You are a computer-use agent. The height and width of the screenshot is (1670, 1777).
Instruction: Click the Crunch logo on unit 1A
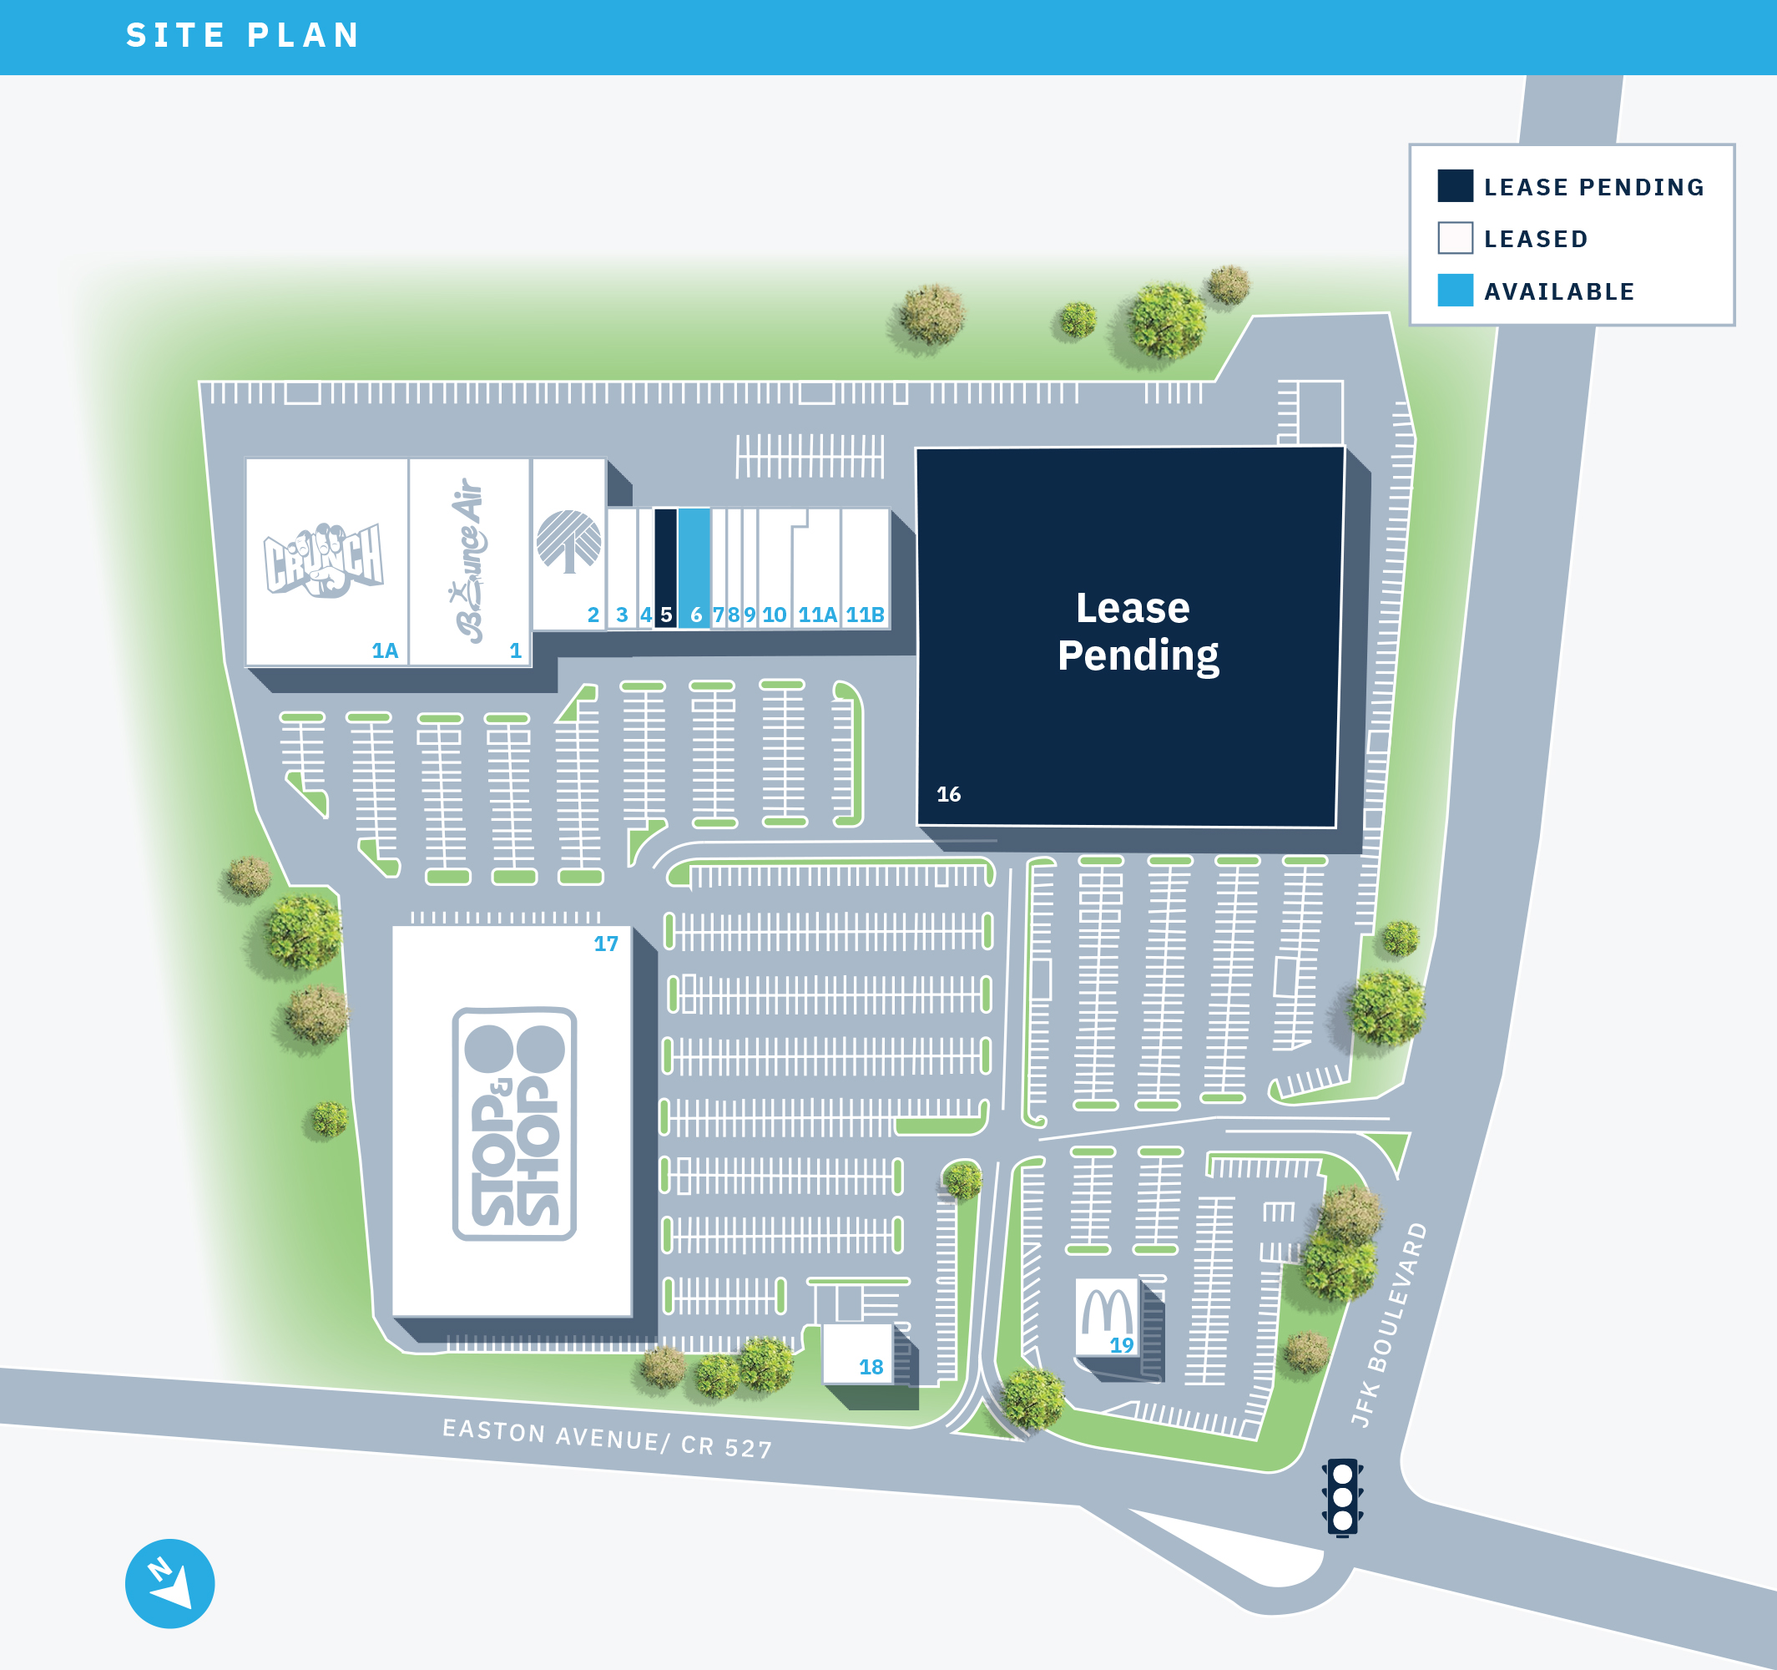[x=324, y=559]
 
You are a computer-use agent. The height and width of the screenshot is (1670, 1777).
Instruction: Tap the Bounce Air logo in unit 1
[x=469, y=559]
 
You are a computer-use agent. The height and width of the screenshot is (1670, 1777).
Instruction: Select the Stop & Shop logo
[x=514, y=1124]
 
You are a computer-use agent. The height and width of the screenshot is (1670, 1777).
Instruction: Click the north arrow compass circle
[x=169, y=1583]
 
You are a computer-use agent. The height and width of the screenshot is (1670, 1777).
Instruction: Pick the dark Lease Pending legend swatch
[x=1454, y=186]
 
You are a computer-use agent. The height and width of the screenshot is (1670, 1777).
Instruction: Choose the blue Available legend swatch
[x=1454, y=291]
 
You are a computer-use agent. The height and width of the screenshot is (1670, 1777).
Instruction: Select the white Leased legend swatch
[x=1454, y=238]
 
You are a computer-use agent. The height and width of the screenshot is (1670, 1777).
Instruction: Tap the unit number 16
[x=948, y=794]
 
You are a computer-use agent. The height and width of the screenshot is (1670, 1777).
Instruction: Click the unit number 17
[x=606, y=944]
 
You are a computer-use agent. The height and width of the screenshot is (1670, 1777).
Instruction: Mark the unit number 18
[x=871, y=1367]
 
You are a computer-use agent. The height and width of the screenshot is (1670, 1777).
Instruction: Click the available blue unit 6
[x=694, y=568]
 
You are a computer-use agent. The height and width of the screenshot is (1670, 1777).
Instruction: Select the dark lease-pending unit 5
[x=665, y=568]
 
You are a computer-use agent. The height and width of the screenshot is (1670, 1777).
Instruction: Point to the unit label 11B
[x=866, y=615]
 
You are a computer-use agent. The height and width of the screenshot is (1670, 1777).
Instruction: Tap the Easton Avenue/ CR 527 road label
[x=607, y=1438]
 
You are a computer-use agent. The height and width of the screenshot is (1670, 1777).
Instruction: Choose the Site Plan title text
[x=243, y=36]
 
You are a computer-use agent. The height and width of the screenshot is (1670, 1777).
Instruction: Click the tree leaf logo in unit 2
[x=568, y=541]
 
